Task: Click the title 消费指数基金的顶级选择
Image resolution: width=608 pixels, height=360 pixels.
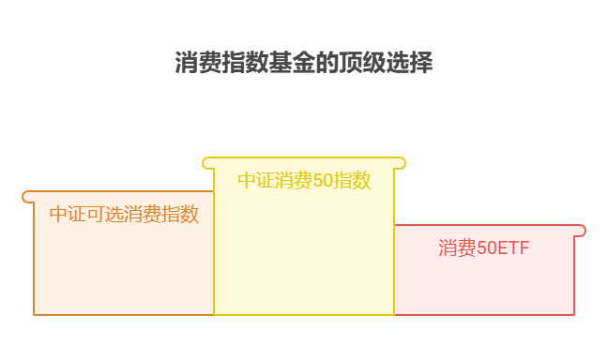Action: pos(304,64)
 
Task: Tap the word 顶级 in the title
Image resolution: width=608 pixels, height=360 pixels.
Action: pos(368,64)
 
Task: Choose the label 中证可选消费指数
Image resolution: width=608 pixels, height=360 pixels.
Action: pos(124,215)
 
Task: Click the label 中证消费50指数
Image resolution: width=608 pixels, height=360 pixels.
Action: pos(304,181)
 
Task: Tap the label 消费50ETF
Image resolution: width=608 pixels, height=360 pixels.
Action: pos(483,248)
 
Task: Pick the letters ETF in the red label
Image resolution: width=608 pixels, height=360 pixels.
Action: pos(512,248)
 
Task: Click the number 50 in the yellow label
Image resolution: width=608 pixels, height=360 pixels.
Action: pos(322,181)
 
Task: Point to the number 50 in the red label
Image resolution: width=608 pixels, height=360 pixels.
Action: pos(485,248)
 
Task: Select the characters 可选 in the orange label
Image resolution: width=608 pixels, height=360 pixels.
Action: pos(105,215)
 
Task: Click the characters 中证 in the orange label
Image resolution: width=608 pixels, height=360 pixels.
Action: pos(68,215)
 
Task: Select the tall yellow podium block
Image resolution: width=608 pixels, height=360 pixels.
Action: pos(304,253)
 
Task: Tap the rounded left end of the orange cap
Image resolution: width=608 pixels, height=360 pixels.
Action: pos(27,197)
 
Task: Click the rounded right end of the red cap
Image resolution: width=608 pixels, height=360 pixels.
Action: pos(581,231)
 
